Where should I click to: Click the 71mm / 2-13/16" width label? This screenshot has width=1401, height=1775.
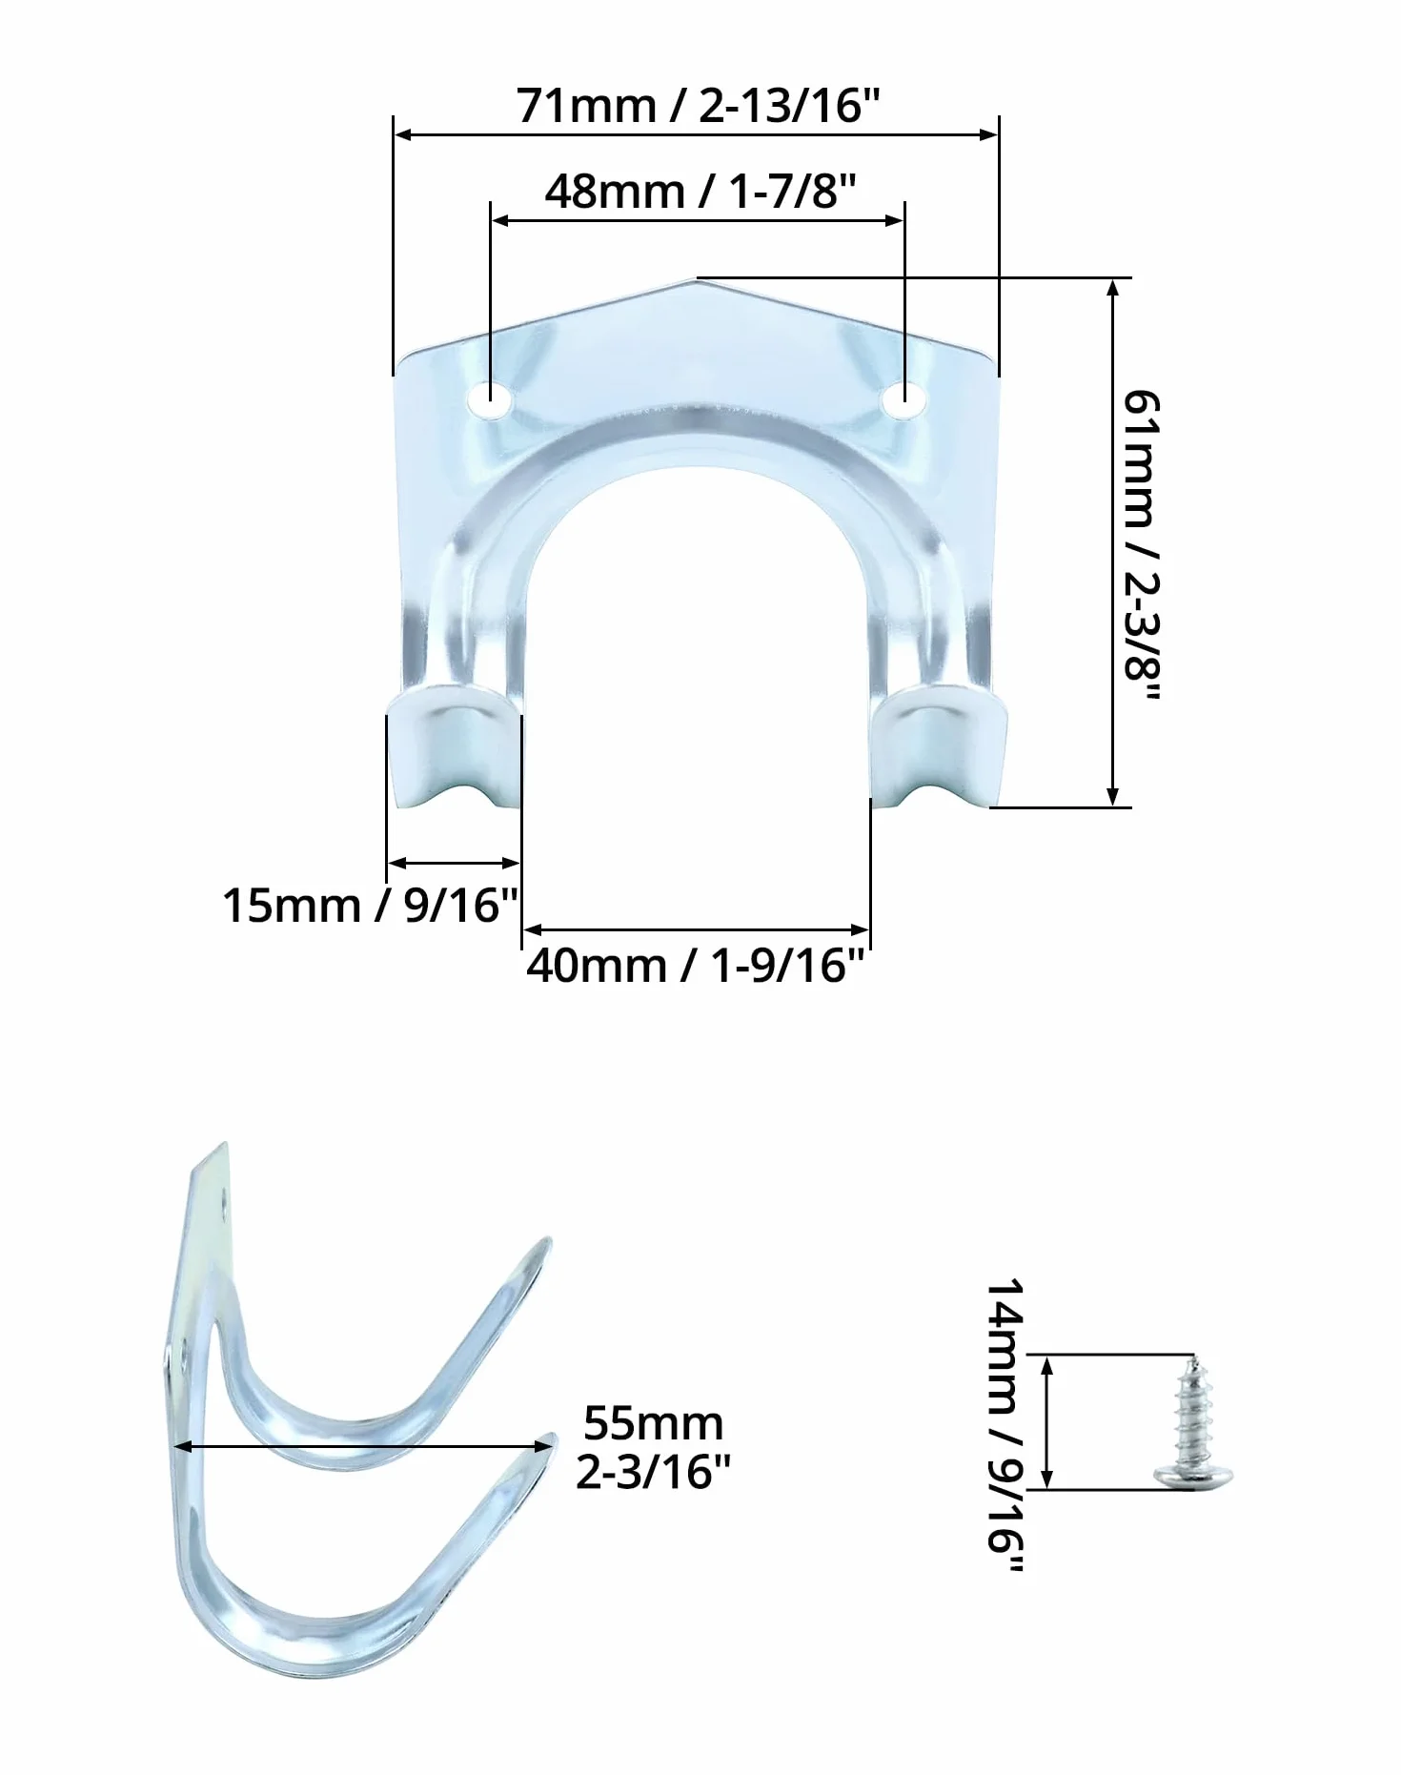696,105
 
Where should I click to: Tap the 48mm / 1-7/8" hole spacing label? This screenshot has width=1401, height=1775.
700,192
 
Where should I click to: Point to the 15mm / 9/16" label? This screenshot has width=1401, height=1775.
371,905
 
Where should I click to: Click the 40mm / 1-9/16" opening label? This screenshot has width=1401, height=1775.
696,966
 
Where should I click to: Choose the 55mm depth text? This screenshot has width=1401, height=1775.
654,1423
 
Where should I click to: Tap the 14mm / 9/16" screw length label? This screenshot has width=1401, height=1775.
1005,1425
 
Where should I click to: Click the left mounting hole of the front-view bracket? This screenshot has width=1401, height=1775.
490,399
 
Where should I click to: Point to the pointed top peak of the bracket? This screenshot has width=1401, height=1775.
697,279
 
